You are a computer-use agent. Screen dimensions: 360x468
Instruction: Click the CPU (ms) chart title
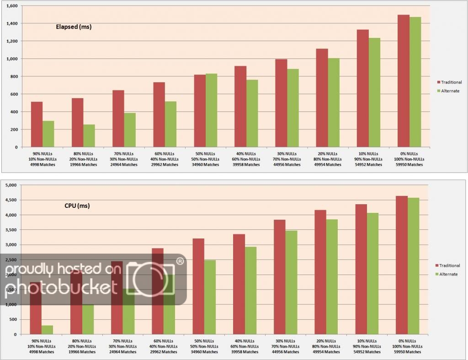77,206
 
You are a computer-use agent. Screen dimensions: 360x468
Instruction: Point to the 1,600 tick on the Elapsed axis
11,6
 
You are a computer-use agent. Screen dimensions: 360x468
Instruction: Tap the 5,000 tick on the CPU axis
10,185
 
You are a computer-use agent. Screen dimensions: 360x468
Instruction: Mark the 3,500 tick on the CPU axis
10,230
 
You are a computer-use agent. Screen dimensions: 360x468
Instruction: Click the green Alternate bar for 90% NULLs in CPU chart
48,329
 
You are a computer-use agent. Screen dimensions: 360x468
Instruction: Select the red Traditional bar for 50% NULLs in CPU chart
198,286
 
